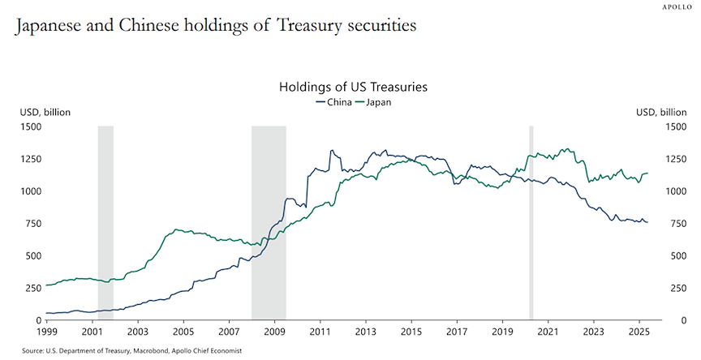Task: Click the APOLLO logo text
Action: [x=676, y=6]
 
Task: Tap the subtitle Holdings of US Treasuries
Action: [x=353, y=86]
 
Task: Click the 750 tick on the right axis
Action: [x=649, y=223]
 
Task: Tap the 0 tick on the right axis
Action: [x=643, y=320]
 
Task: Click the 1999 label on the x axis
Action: [x=46, y=332]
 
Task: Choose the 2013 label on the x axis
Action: [x=365, y=332]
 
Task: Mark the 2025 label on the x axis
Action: [x=638, y=332]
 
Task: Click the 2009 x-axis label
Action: [x=274, y=332]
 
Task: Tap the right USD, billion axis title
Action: [x=661, y=112]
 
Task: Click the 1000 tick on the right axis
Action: [x=652, y=191]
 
